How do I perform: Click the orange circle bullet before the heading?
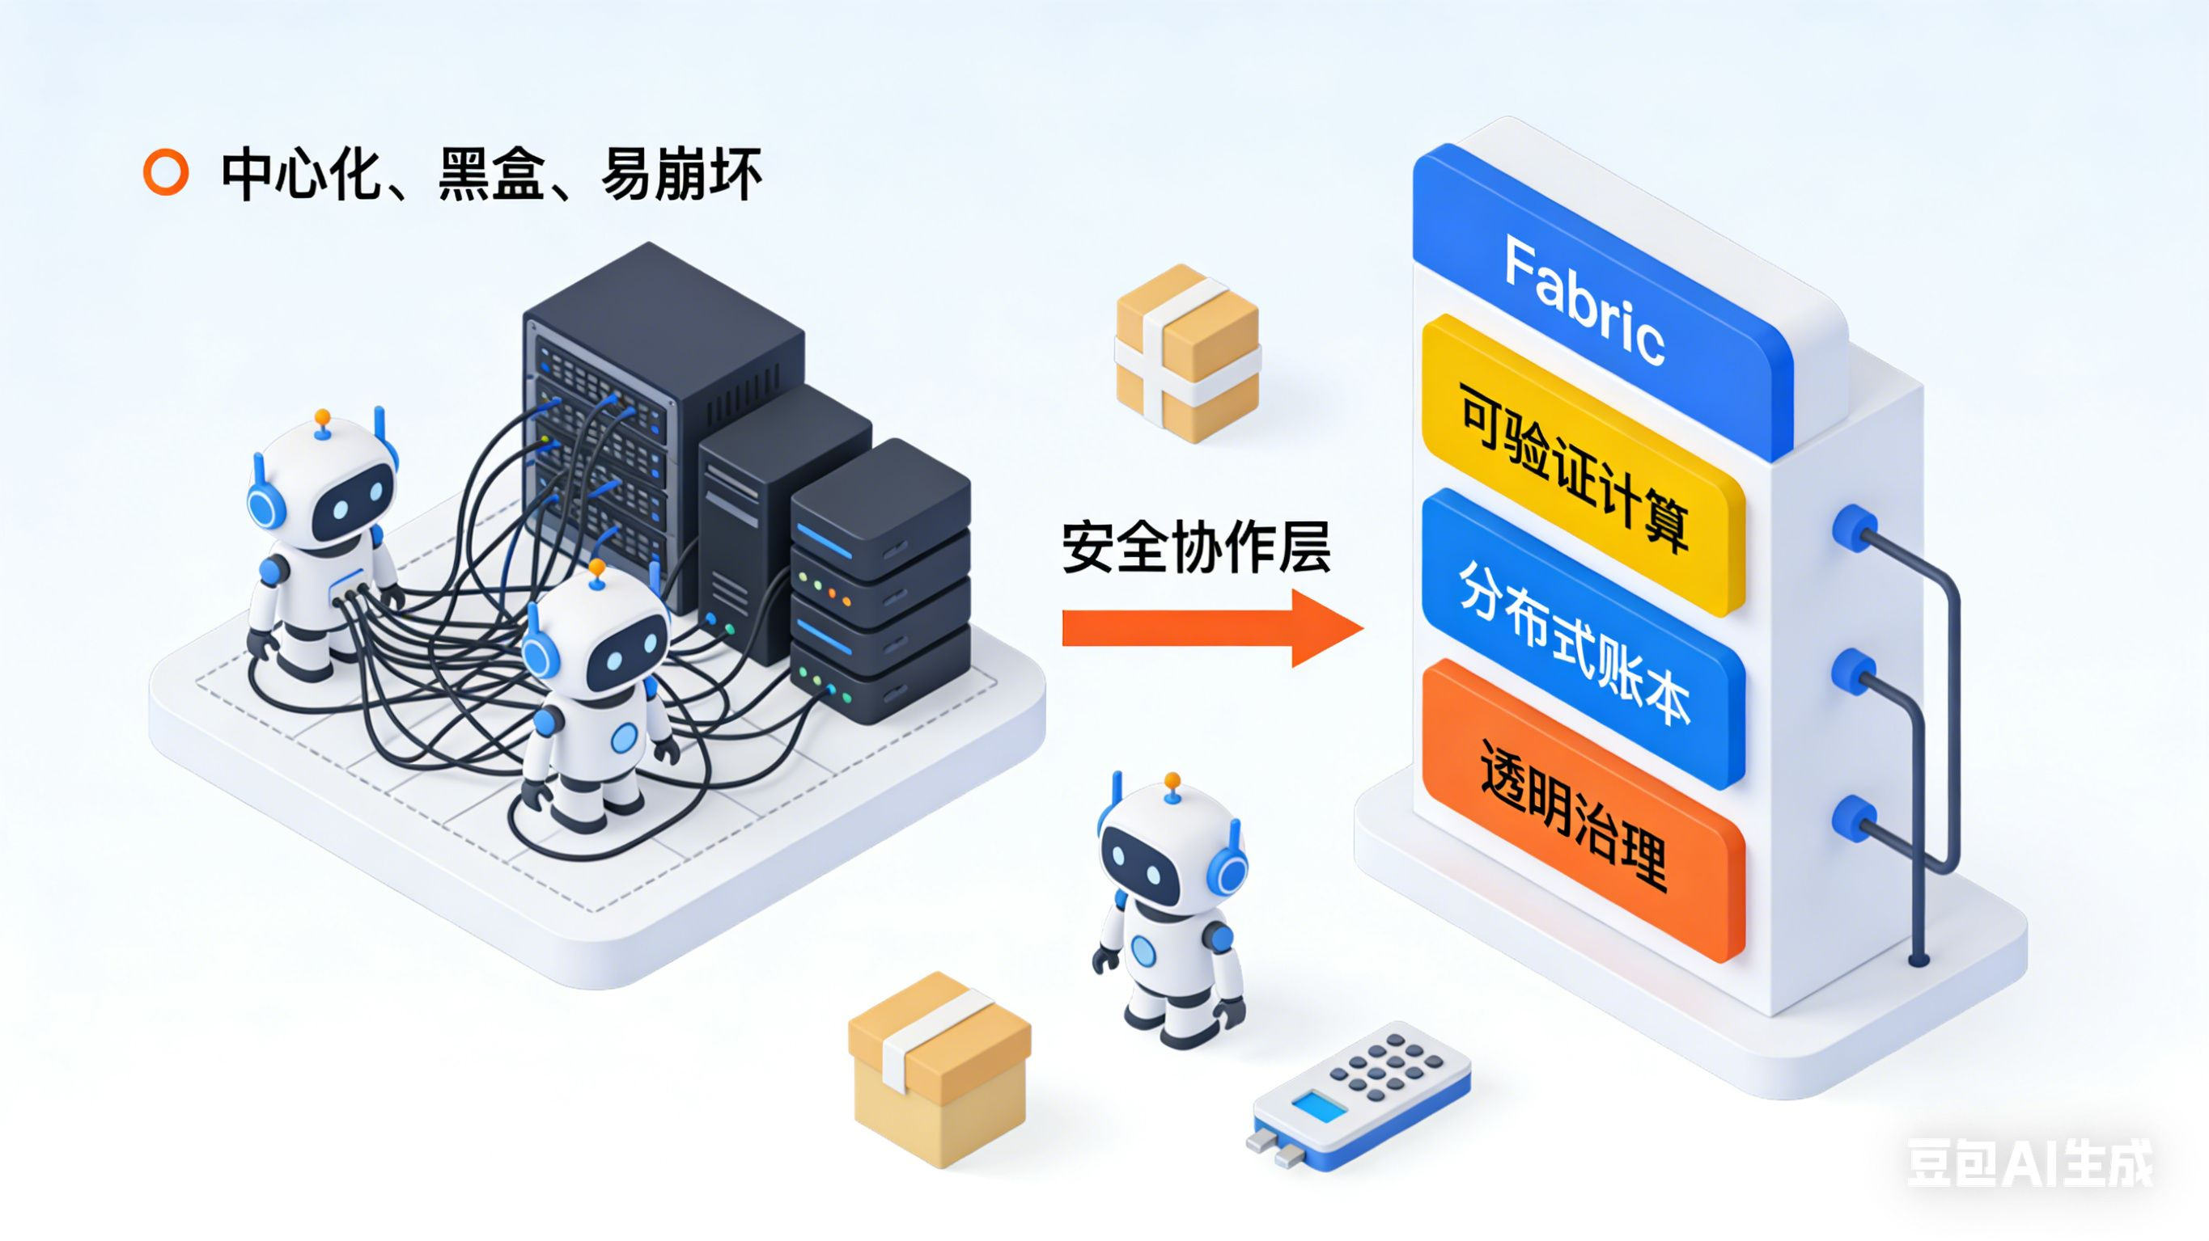point(166,173)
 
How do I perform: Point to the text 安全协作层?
point(1196,547)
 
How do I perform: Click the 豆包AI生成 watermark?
point(2028,1163)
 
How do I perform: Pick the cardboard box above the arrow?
point(1188,353)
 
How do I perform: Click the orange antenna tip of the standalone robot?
point(1172,781)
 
